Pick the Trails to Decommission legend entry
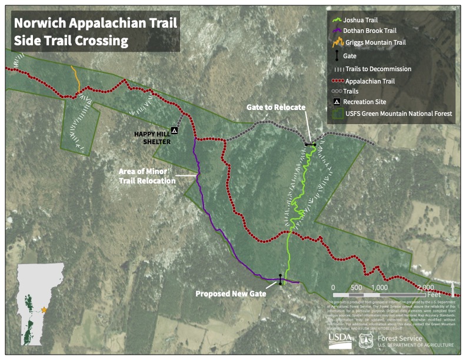[x=378, y=69]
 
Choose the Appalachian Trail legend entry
[x=370, y=81]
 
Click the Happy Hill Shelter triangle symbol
[x=174, y=129]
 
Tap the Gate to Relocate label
[x=276, y=107]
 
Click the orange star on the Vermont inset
[x=44, y=309]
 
